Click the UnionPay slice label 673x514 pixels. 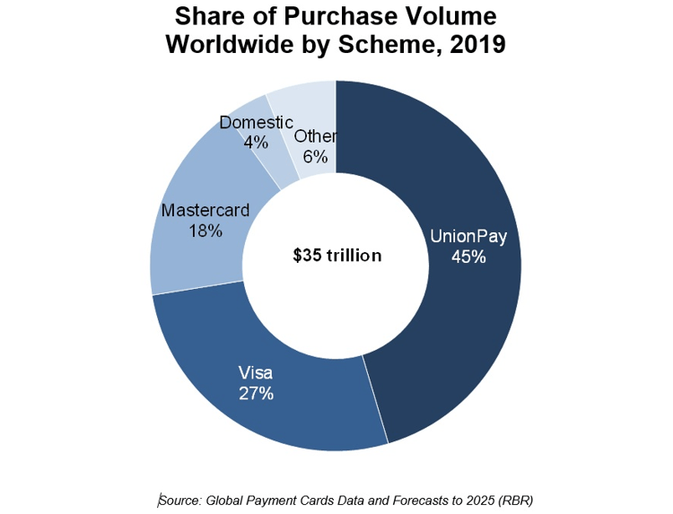pos(468,237)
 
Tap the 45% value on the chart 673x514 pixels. pos(468,257)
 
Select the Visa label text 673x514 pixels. pos(255,372)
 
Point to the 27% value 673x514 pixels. pos(256,393)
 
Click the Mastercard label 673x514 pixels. pos(204,211)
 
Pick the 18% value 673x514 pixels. pos(205,231)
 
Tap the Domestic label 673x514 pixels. pos(256,122)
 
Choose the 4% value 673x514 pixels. pos(256,141)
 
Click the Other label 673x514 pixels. pos(315,137)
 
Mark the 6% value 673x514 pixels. pos(315,157)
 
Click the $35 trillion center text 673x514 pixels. pos(337,256)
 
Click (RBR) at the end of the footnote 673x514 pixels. pos(517,499)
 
